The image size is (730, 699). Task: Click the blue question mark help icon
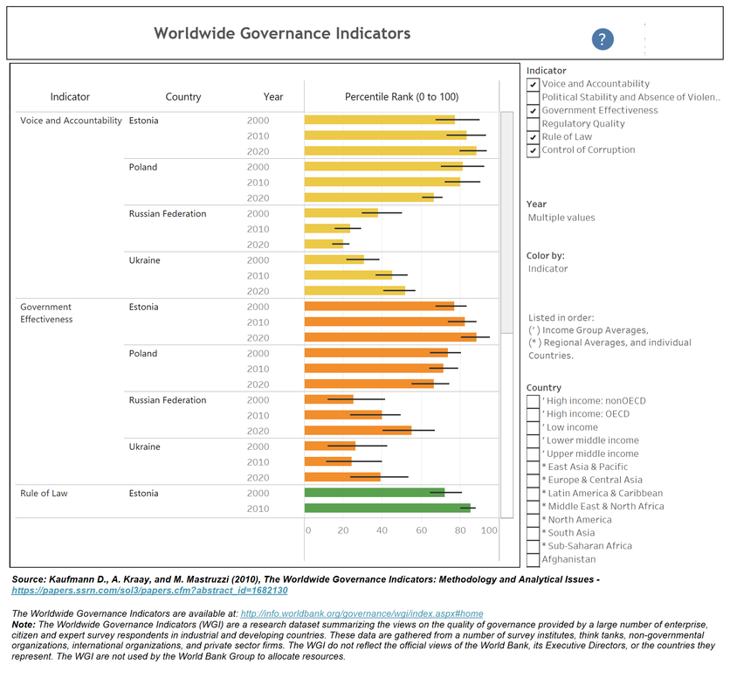(603, 39)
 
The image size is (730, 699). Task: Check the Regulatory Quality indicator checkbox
(534, 124)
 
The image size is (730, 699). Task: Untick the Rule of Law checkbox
(534, 137)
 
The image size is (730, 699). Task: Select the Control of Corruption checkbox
(534, 150)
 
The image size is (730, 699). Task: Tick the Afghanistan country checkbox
(534, 560)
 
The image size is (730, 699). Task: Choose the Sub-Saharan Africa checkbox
(534, 547)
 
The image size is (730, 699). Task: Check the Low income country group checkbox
(534, 428)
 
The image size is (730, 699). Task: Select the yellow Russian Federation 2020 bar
(324, 245)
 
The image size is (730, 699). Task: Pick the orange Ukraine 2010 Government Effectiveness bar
(328, 462)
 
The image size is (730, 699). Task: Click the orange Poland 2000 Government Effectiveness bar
(376, 353)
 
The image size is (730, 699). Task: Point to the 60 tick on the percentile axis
(422, 530)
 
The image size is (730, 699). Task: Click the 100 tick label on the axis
(489, 530)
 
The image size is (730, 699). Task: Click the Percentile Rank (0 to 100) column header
(402, 97)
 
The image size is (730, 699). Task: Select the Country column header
(183, 97)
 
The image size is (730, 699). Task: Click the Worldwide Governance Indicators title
(282, 34)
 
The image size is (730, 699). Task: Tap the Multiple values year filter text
(561, 218)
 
